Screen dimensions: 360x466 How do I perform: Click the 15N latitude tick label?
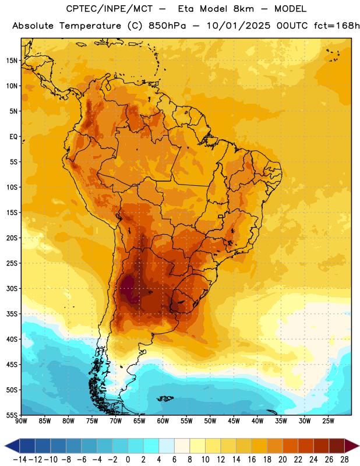point(12,61)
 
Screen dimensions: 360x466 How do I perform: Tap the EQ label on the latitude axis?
point(13,137)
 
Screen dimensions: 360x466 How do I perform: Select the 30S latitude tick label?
point(12,288)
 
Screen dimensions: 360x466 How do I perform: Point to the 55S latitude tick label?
point(12,415)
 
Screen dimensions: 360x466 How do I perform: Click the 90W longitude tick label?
point(21,421)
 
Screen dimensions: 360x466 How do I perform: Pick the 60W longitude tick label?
point(163,421)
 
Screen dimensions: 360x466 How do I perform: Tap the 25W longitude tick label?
point(328,421)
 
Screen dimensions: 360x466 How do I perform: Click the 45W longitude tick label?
point(234,421)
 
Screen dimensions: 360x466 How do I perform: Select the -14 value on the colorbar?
point(20,460)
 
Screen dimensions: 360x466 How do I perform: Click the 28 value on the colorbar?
point(344,460)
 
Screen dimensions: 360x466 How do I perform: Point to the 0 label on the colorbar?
point(128,460)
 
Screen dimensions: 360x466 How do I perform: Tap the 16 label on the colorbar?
point(252,460)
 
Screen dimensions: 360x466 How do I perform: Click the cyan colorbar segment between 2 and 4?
point(151,446)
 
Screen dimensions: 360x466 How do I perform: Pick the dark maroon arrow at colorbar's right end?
point(352,446)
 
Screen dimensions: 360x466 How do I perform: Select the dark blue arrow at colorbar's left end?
point(12,446)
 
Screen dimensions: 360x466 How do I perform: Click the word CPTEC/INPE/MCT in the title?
point(110,9)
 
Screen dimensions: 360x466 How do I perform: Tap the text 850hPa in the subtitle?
point(167,26)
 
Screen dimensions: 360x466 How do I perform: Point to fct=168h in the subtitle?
point(337,26)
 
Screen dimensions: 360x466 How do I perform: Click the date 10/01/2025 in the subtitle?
point(238,26)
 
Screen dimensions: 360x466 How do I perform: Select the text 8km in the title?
point(243,9)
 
